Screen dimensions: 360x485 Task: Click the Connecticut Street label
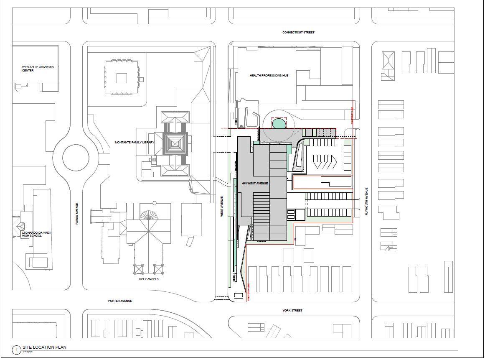point(298,32)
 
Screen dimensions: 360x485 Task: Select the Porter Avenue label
point(120,301)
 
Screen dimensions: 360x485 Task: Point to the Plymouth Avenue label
point(366,201)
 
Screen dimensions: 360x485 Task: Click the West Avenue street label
point(222,206)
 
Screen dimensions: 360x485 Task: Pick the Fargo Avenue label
point(77,214)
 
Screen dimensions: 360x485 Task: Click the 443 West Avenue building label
point(255,184)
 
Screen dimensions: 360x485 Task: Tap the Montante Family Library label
point(135,143)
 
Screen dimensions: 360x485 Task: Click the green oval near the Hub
point(279,123)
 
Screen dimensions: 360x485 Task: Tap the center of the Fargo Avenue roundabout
point(71,158)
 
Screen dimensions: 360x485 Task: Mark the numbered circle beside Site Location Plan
point(16,350)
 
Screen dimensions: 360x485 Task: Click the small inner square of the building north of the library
point(122,78)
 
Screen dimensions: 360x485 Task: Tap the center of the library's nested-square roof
point(175,145)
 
